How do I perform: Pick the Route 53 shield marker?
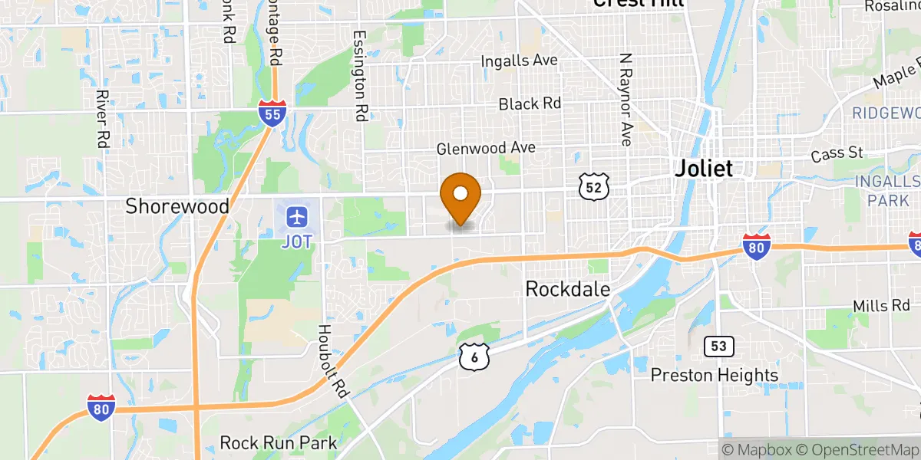[x=718, y=346]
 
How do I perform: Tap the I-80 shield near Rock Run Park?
[x=102, y=408]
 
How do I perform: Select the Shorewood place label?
[x=177, y=205]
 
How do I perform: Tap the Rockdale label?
[x=567, y=289]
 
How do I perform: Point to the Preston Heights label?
[x=715, y=375]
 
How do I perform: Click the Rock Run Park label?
[x=278, y=443]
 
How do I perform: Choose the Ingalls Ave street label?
[x=519, y=61]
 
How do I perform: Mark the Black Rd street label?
[x=530, y=103]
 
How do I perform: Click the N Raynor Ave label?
[x=626, y=100]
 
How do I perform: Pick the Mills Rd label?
[x=881, y=306]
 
